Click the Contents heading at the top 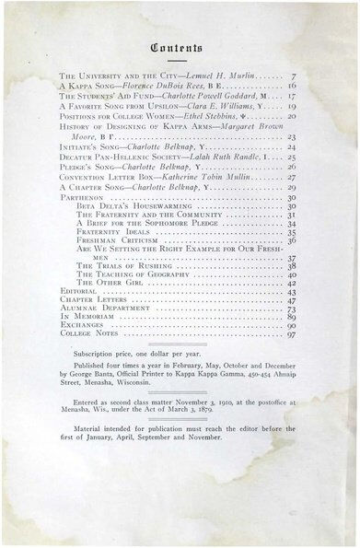pos(180,41)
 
